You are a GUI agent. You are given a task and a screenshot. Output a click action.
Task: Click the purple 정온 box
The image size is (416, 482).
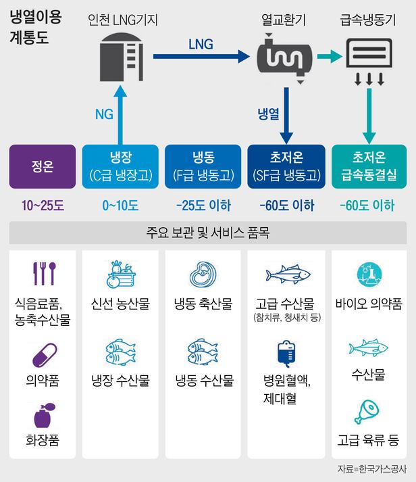pos(42,166)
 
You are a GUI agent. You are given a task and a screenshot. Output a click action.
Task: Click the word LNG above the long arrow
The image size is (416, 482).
pos(201,45)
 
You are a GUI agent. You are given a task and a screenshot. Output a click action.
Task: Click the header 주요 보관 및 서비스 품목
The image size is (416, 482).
pos(208,235)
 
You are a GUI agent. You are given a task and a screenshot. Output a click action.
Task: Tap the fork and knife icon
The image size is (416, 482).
pos(42,274)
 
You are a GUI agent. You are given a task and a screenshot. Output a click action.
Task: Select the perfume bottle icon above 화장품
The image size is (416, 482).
pos(42,414)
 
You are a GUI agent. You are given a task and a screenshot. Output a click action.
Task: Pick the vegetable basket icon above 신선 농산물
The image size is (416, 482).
pos(122,274)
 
